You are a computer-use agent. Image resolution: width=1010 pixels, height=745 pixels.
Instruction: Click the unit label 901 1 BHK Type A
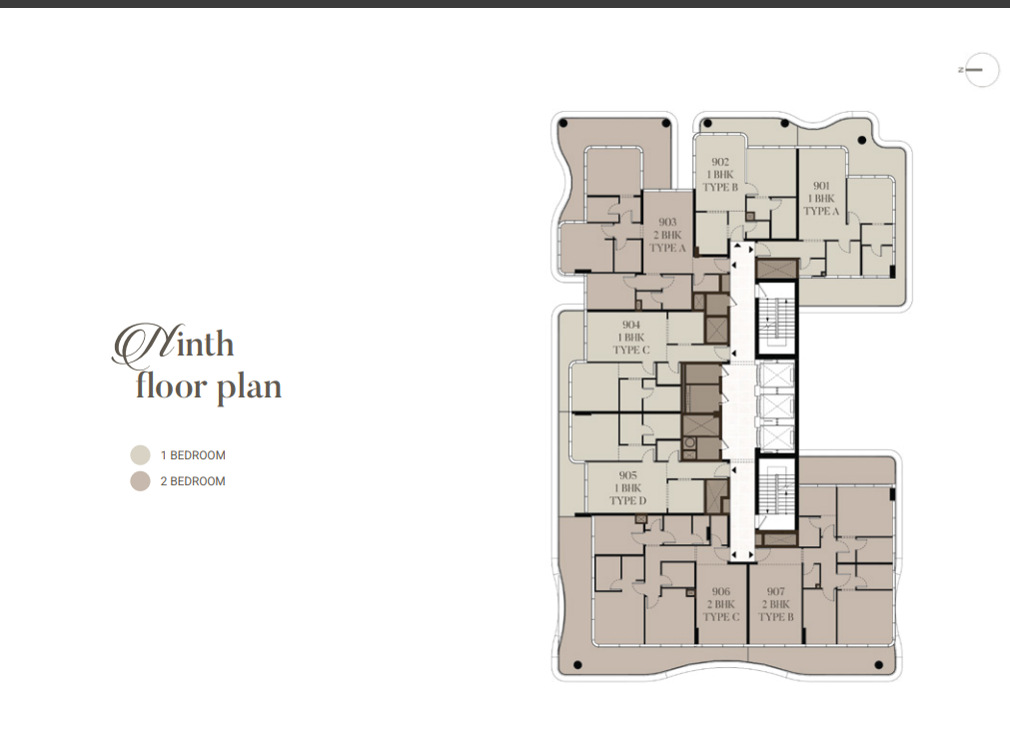821,199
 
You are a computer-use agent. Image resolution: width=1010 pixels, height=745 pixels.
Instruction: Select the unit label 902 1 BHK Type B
720,175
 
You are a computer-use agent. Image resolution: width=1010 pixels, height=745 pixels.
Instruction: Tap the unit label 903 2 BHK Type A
668,235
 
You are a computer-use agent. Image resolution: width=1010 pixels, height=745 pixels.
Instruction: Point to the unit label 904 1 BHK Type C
631,338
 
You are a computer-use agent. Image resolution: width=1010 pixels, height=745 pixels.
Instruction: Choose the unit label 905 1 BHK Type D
628,488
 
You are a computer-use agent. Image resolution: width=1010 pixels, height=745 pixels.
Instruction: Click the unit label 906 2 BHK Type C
721,604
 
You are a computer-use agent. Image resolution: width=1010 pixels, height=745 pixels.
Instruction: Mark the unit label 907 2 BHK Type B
776,604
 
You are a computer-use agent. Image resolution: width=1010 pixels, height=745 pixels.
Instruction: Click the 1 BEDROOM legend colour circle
141,455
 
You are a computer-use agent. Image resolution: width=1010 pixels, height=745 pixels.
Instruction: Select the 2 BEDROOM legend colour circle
141,481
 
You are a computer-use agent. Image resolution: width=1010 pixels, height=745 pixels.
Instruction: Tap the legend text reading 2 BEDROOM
193,481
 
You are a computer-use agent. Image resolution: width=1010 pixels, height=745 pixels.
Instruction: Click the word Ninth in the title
173,345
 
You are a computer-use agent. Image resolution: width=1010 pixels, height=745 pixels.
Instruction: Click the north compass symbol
979,70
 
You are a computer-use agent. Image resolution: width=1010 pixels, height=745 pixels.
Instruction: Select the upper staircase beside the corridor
776,319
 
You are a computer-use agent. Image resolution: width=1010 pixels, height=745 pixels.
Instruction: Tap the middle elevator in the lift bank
776,406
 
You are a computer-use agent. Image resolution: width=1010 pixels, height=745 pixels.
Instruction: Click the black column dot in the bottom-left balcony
577,665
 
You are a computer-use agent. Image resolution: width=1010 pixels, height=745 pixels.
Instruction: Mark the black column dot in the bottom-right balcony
878,665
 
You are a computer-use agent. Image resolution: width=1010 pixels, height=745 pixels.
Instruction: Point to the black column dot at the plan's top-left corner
563,123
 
